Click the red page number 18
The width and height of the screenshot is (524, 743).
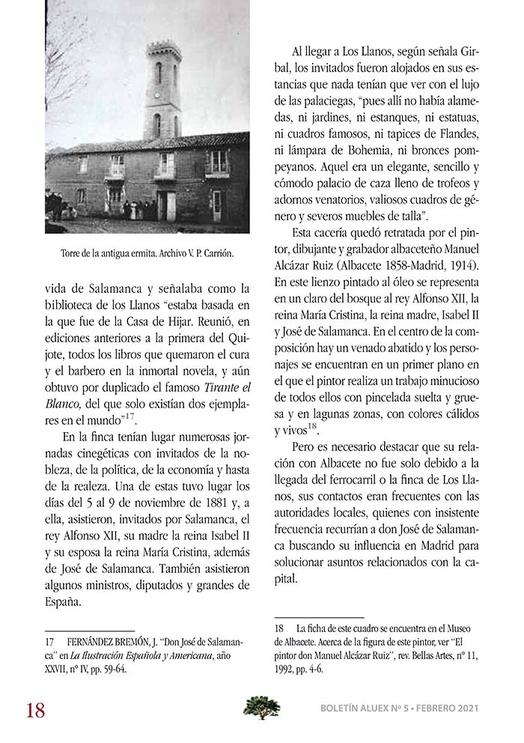click(35, 709)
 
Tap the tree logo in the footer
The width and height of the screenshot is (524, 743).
click(261, 707)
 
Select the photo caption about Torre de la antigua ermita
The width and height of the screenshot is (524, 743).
click(147, 253)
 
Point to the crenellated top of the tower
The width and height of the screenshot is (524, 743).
click(164, 49)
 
